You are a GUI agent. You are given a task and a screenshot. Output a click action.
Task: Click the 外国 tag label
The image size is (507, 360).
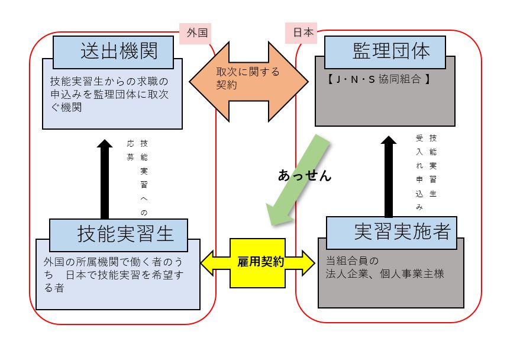click(x=196, y=33)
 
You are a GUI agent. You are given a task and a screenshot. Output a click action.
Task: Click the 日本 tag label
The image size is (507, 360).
click(x=301, y=33)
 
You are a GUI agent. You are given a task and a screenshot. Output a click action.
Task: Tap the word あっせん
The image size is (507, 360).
click(x=305, y=175)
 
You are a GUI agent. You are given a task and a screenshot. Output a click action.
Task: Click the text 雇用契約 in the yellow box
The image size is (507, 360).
click(x=260, y=262)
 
